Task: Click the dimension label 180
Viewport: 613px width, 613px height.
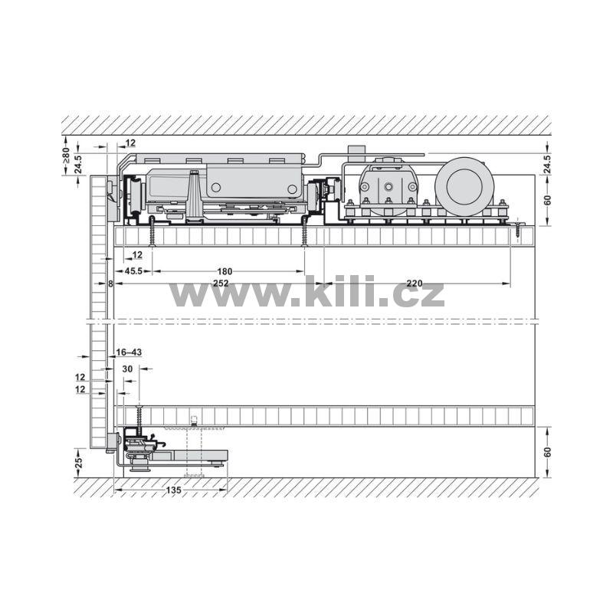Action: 225,271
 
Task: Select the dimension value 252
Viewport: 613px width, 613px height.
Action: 221,284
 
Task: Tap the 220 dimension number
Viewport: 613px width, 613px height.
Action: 415,284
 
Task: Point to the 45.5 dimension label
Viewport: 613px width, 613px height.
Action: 133,271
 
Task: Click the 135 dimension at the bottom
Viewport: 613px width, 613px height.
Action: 174,490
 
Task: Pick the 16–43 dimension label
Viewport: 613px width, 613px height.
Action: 129,352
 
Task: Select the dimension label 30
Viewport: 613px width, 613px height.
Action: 127,369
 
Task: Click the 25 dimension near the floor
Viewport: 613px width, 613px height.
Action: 79,463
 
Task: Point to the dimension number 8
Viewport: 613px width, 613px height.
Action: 110,284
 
